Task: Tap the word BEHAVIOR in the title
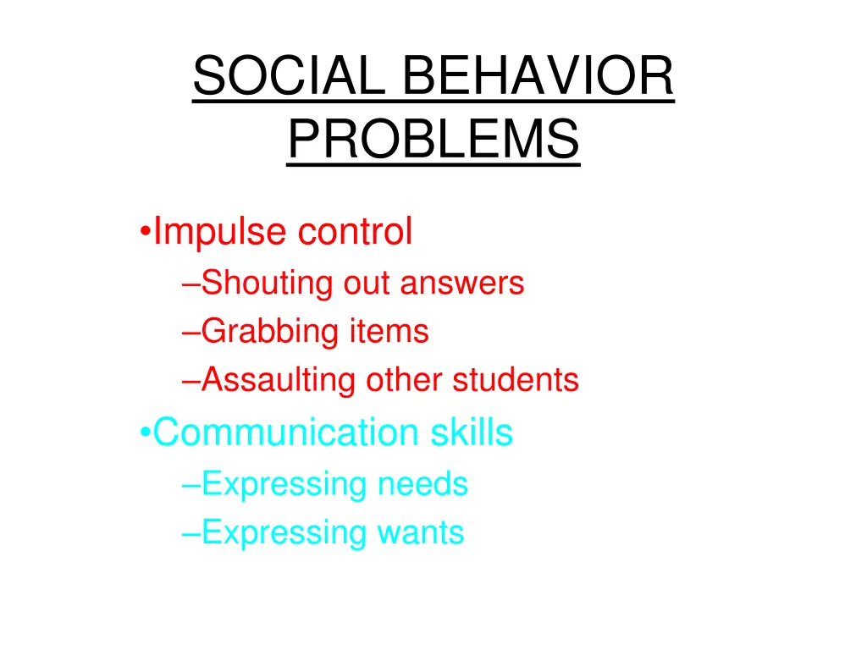(538, 77)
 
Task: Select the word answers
(462, 283)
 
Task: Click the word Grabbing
(270, 331)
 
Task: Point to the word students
(516, 380)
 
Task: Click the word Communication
(285, 432)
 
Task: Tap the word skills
(471, 432)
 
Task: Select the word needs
(422, 484)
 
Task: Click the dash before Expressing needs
(191, 486)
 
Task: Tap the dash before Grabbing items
(191, 333)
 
